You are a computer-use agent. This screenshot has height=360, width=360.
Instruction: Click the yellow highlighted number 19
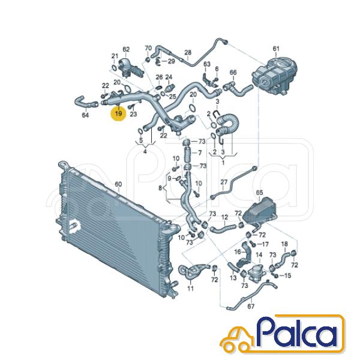click(x=118, y=113)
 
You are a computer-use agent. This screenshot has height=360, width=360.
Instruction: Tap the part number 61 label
click(x=276, y=49)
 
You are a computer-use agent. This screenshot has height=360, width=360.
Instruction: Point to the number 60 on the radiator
click(x=118, y=184)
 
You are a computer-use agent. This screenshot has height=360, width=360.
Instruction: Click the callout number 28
click(x=188, y=52)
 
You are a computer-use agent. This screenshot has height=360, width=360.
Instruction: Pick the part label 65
click(x=259, y=193)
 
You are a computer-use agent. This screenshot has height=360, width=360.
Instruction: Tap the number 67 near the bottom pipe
click(x=251, y=306)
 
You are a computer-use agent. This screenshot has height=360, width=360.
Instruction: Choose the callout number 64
click(x=85, y=115)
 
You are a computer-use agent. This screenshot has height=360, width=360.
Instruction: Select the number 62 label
click(x=126, y=49)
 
